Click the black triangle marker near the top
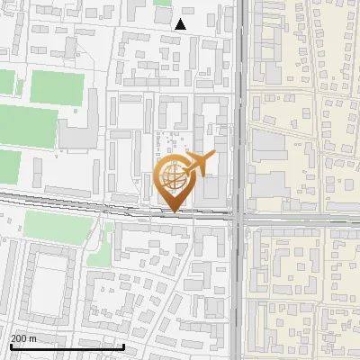(181, 24)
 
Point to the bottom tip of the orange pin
(173, 212)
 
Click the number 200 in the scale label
(19, 339)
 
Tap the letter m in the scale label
(32, 339)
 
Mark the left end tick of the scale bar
(10, 346)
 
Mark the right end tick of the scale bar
(99, 346)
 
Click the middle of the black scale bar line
(54, 346)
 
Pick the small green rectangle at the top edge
(162, 3)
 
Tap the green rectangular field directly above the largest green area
(57, 86)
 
